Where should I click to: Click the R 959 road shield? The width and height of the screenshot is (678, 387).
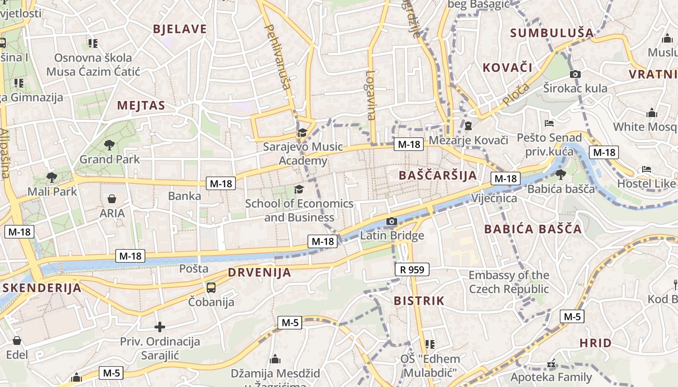point(412,269)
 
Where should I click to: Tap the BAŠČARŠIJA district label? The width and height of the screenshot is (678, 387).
point(438,175)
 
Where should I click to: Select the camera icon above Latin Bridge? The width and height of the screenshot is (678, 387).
point(392,222)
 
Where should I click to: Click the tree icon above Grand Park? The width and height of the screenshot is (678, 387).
point(109,144)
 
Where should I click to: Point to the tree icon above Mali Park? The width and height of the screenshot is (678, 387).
point(52,177)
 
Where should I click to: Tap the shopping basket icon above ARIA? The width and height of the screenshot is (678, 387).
point(112,199)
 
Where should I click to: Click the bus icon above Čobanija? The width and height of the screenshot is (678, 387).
point(211,288)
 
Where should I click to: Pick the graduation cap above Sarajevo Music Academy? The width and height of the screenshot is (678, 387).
point(302,132)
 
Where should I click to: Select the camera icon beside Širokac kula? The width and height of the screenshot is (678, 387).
point(575,74)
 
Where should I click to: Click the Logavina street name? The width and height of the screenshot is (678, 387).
point(370,95)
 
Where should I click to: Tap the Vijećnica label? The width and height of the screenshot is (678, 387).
point(494,198)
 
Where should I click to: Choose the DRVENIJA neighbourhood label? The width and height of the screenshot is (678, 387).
point(260,272)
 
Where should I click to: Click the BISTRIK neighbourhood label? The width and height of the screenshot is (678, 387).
point(419,301)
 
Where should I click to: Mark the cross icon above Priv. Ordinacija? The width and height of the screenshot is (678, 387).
point(160,327)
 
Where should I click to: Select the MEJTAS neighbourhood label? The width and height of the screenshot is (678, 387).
point(141,105)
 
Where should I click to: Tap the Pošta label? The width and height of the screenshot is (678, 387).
point(194,268)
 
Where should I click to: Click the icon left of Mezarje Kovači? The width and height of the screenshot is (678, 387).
point(468,126)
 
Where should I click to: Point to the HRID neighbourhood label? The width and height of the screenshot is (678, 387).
point(596,343)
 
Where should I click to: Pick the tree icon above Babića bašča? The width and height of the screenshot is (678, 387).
point(561,174)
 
